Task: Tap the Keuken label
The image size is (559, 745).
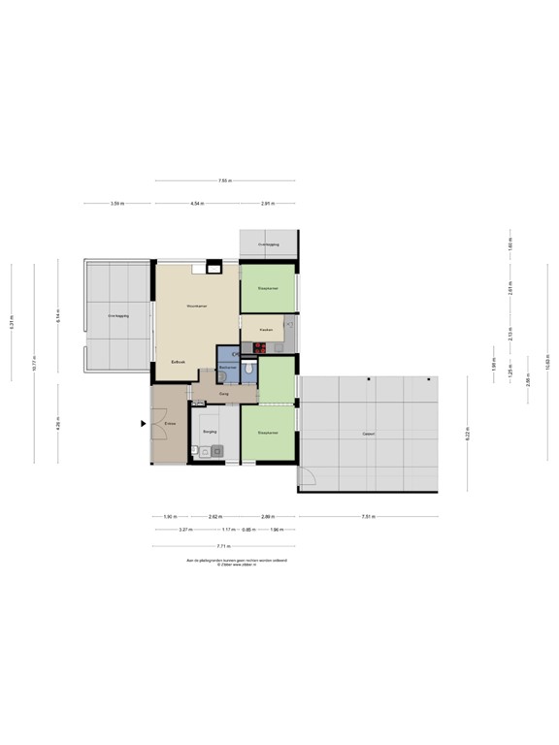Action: [x=265, y=330]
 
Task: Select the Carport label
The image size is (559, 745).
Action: [x=368, y=433]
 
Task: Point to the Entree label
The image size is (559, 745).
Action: [x=169, y=424]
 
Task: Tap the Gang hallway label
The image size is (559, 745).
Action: [x=223, y=394]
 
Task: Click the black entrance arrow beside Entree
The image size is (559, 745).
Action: [x=144, y=423]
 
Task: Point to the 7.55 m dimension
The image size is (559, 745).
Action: [x=224, y=180]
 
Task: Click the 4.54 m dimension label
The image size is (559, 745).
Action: [x=197, y=204]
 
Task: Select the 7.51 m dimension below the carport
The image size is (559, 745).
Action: [x=368, y=516]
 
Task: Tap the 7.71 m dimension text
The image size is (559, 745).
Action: [x=224, y=546]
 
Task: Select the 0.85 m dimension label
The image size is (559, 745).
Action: [x=247, y=530]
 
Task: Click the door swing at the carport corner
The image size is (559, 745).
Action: [x=308, y=475]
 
